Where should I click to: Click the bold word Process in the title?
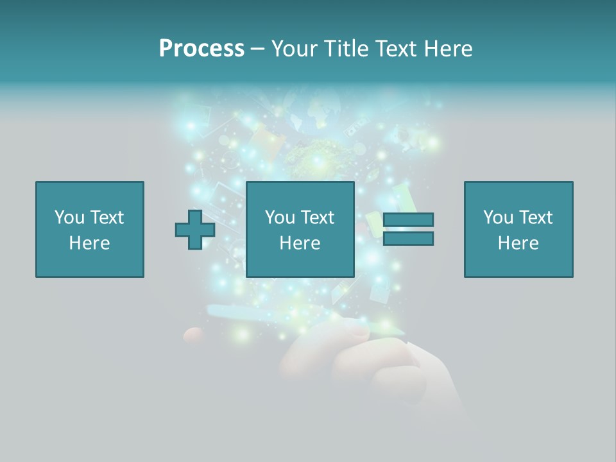coord(201,49)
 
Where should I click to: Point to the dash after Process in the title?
coord(258,49)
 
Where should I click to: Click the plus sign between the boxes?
coord(195,230)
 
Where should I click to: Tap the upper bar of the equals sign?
coord(408,220)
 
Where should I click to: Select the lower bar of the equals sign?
coord(408,239)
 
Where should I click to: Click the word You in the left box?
coord(69,218)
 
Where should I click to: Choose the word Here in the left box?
coord(89,243)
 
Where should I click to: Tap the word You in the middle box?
coord(280,218)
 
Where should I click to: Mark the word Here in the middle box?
coord(300,243)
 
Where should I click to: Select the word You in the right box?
coord(498,218)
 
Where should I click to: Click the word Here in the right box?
coord(518,243)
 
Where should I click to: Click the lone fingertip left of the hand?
coord(193,335)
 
